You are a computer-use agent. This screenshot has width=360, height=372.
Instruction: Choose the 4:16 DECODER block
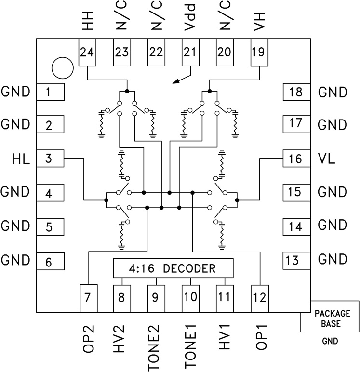pyautogui.click(x=173, y=268)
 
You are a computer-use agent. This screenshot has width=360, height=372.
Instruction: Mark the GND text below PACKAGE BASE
pyautogui.click(x=330, y=343)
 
